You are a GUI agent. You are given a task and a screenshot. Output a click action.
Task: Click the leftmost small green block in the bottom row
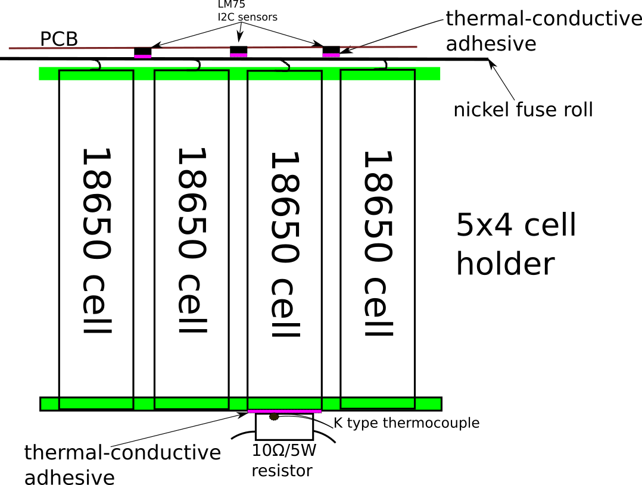click(49, 404)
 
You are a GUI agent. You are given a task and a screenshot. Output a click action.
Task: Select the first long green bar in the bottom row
click(96, 403)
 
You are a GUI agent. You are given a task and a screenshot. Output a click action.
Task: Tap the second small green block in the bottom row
click(144, 404)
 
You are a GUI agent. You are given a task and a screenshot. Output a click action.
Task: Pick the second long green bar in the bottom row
click(191, 403)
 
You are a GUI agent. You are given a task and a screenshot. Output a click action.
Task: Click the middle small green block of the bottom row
click(238, 404)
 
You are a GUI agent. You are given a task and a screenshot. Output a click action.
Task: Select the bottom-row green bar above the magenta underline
click(284, 403)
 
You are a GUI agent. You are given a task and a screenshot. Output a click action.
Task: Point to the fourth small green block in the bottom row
click(331, 404)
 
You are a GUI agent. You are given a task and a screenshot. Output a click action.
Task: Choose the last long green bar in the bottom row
click(378, 403)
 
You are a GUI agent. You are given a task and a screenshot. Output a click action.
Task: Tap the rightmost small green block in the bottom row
click(428, 404)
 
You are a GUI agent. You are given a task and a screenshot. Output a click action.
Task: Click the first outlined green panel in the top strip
click(96, 76)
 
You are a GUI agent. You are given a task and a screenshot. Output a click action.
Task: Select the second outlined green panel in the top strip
click(191, 76)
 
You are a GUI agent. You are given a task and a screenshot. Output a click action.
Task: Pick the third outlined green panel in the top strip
click(284, 76)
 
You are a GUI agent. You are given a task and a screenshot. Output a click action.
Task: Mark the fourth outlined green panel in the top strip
click(378, 76)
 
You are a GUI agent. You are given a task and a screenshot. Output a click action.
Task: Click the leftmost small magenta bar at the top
click(142, 57)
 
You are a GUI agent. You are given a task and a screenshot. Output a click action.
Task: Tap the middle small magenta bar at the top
click(238, 55)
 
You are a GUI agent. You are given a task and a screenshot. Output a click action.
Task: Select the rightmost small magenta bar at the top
click(331, 55)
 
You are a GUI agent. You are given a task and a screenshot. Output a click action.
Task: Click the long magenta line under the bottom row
click(284, 411)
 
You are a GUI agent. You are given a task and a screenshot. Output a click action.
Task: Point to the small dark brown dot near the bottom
click(274, 417)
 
